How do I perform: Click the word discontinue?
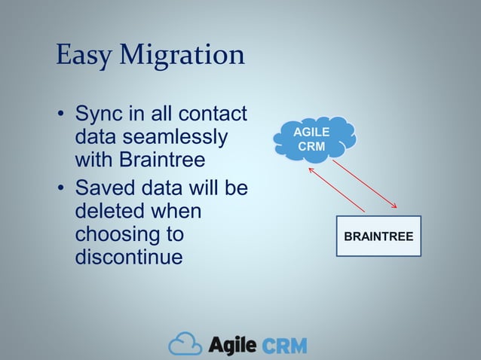point(129,258)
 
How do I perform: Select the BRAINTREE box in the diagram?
point(378,236)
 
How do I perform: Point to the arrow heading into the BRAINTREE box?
point(366,185)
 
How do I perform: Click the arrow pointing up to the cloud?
point(335,190)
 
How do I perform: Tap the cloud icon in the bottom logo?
point(185,345)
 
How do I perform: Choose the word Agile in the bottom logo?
point(233,345)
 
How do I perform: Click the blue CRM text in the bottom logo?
point(284,346)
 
